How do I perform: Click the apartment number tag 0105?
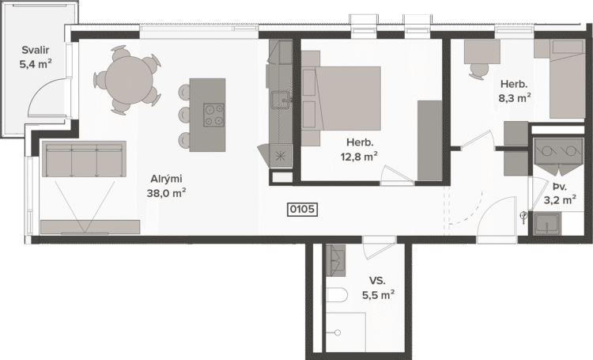(x=302, y=210)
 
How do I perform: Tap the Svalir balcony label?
(x=36, y=50)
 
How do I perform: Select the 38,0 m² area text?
(x=166, y=193)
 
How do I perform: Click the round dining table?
(x=130, y=79)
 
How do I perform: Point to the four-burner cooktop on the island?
(x=213, y=115)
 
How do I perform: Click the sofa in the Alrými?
(x=84, y=159)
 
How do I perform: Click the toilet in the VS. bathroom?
(x=336, y=295)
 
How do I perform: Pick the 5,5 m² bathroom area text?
(x=379, y=295)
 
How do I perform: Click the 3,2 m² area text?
(x=560, y=199)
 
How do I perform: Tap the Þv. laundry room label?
(x=560, y=187)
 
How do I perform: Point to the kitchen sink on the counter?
(x=280, y=100)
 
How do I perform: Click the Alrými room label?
(x=166, y=179)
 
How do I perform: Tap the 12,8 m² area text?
(x=359, y=157)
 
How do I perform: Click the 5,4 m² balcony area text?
(x=36, y=64)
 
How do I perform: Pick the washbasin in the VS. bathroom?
(x=336, y=260)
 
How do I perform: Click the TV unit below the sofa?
(x=90, y=227)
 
